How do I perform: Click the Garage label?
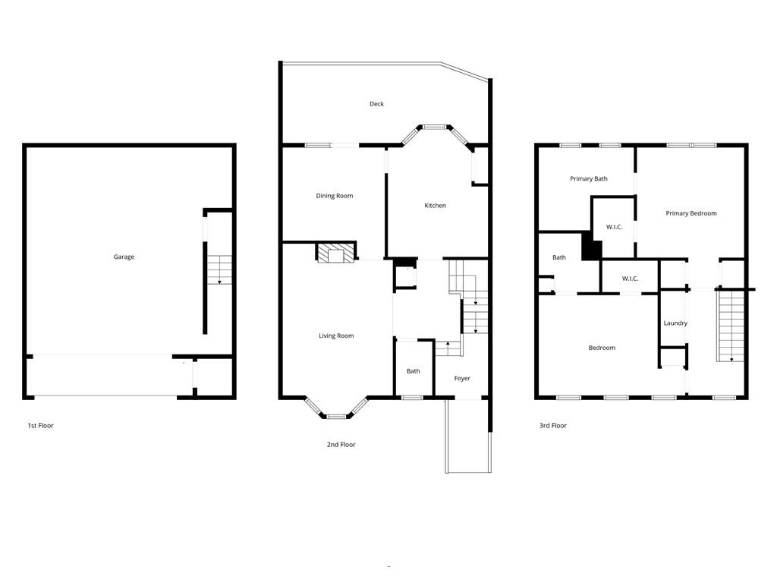124,257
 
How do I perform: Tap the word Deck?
376,104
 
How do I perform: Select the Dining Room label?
335,196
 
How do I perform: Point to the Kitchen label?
435,206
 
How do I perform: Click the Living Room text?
336,336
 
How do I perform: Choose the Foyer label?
462,378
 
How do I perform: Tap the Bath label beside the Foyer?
413,371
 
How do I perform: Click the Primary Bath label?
589,179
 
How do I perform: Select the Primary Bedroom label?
691,213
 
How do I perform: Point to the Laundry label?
675,323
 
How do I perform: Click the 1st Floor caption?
40,426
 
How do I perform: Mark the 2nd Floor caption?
341,445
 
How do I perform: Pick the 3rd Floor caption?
553,426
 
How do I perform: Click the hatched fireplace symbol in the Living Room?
335,253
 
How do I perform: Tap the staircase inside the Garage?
219,269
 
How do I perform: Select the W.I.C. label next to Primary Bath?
614,227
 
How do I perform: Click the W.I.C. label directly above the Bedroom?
630,279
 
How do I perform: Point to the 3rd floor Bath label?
558,257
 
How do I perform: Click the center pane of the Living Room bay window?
336,415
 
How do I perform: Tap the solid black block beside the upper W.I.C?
591,247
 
